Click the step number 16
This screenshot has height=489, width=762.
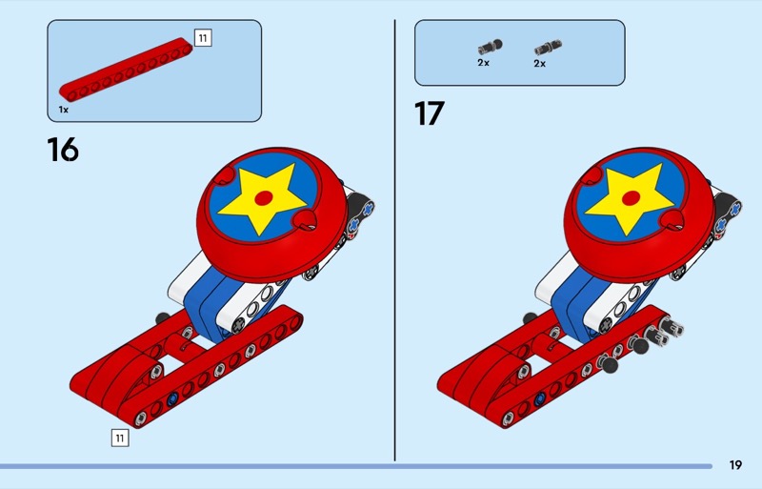[63, 149]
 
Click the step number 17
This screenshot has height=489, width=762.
[430, 113]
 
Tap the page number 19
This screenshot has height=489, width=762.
[735, 465]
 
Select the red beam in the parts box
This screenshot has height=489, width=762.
[126, 69]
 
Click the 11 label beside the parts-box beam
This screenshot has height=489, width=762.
[203, 37]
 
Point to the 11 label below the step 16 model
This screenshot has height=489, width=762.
[120, 438]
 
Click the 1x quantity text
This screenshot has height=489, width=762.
[64, 110]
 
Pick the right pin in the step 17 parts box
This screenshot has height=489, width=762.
[549, 48]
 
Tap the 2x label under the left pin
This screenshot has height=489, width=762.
[483, 63]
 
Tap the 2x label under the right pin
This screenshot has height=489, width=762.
[539, 64]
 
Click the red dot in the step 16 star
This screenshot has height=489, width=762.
[264, 198]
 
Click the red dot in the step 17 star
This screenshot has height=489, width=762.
[631, 198]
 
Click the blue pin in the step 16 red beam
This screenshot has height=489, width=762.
[172, 399]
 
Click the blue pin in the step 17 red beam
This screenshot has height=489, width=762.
[539, 399]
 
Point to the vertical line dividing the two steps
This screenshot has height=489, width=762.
[394, 240]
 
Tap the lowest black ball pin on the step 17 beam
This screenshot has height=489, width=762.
[608, 363]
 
